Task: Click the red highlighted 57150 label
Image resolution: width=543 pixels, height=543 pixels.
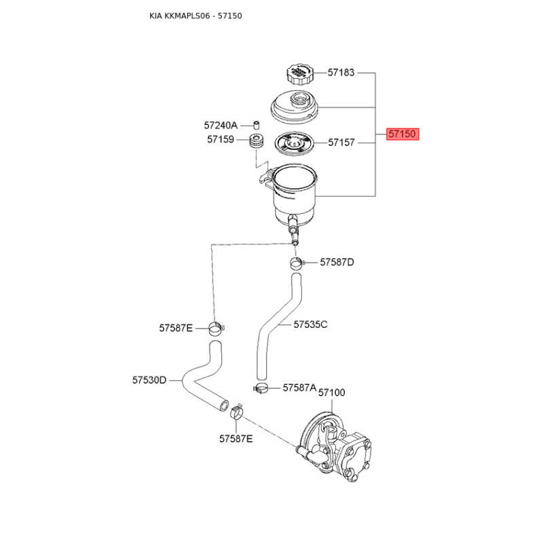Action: pos(402,134)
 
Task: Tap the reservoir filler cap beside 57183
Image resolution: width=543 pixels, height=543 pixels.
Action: pos(300,74)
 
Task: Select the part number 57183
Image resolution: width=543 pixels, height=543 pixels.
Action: pos(341,73)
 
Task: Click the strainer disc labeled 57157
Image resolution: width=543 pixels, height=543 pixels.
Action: pos(294,144)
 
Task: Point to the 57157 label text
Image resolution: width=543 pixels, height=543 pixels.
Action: pos(341,143)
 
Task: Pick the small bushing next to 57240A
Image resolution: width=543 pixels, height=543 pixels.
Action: pos(257,125)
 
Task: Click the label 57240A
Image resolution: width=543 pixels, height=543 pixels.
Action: pos(221,126)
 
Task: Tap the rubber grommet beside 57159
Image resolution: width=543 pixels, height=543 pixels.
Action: pos(257,141)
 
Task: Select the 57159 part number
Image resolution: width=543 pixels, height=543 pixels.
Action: pos(221,140)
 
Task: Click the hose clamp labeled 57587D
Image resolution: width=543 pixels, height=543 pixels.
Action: pos(297,263)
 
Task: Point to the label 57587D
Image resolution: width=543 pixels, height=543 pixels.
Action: pos(337,263)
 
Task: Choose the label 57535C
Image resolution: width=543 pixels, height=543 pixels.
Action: pos(310,324)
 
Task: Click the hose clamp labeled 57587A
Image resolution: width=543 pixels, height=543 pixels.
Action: pos(261,388)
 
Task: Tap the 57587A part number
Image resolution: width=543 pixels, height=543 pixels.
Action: pos(299,388)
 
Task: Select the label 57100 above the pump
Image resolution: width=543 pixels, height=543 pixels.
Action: pos(332,393)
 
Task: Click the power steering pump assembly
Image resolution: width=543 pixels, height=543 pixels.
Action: pos(334,446)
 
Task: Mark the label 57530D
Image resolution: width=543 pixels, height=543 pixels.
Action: pos(149,380)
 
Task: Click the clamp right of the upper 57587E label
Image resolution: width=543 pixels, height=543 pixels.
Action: pos(217,329)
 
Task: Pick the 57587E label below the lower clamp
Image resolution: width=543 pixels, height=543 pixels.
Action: pos(236,439)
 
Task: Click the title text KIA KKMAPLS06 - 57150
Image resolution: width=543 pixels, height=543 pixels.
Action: pos(195,16)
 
